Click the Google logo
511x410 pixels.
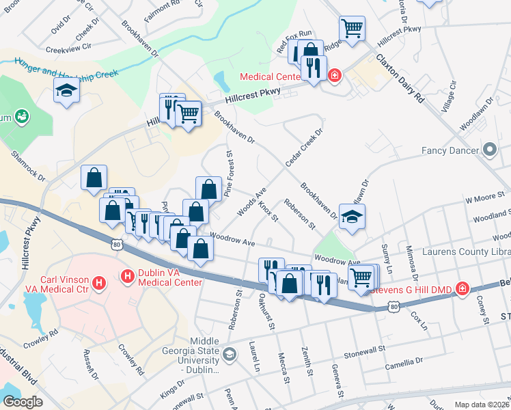coord(23,402)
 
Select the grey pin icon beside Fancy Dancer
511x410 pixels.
coord(490,149)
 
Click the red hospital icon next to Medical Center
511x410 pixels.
coord(335,76)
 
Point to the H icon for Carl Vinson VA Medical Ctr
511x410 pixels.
coord(99,282)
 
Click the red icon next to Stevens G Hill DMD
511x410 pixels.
coord(462,289)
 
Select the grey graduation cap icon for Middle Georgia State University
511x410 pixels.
coord(230,354)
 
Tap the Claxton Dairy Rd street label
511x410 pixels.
coord(400,77)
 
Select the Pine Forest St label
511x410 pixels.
coord(229,174)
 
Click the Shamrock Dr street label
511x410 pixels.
coord(28,166)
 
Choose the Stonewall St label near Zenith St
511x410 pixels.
coord(365,356)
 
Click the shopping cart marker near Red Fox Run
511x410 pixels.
coord(352,29)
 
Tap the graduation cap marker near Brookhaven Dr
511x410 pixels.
coord(352,217)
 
